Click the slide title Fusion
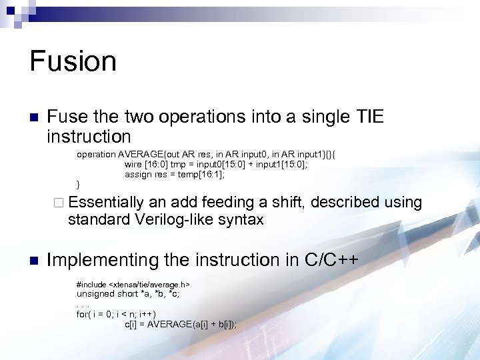coord(73,61)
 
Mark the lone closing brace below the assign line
coord(79,184)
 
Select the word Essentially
coord(106,202)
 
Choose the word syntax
coord(241,219)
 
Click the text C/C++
coord(332,260)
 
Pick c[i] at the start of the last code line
coord(132,324)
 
